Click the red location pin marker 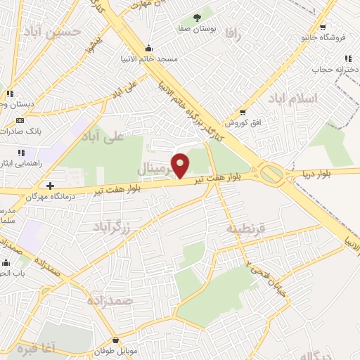(x=181, y=165)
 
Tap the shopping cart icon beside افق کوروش (x=243, y=111)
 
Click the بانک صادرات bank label (x=39, y=131)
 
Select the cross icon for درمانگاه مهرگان (x=50, y=186)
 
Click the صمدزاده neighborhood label (x=110, y=300)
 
